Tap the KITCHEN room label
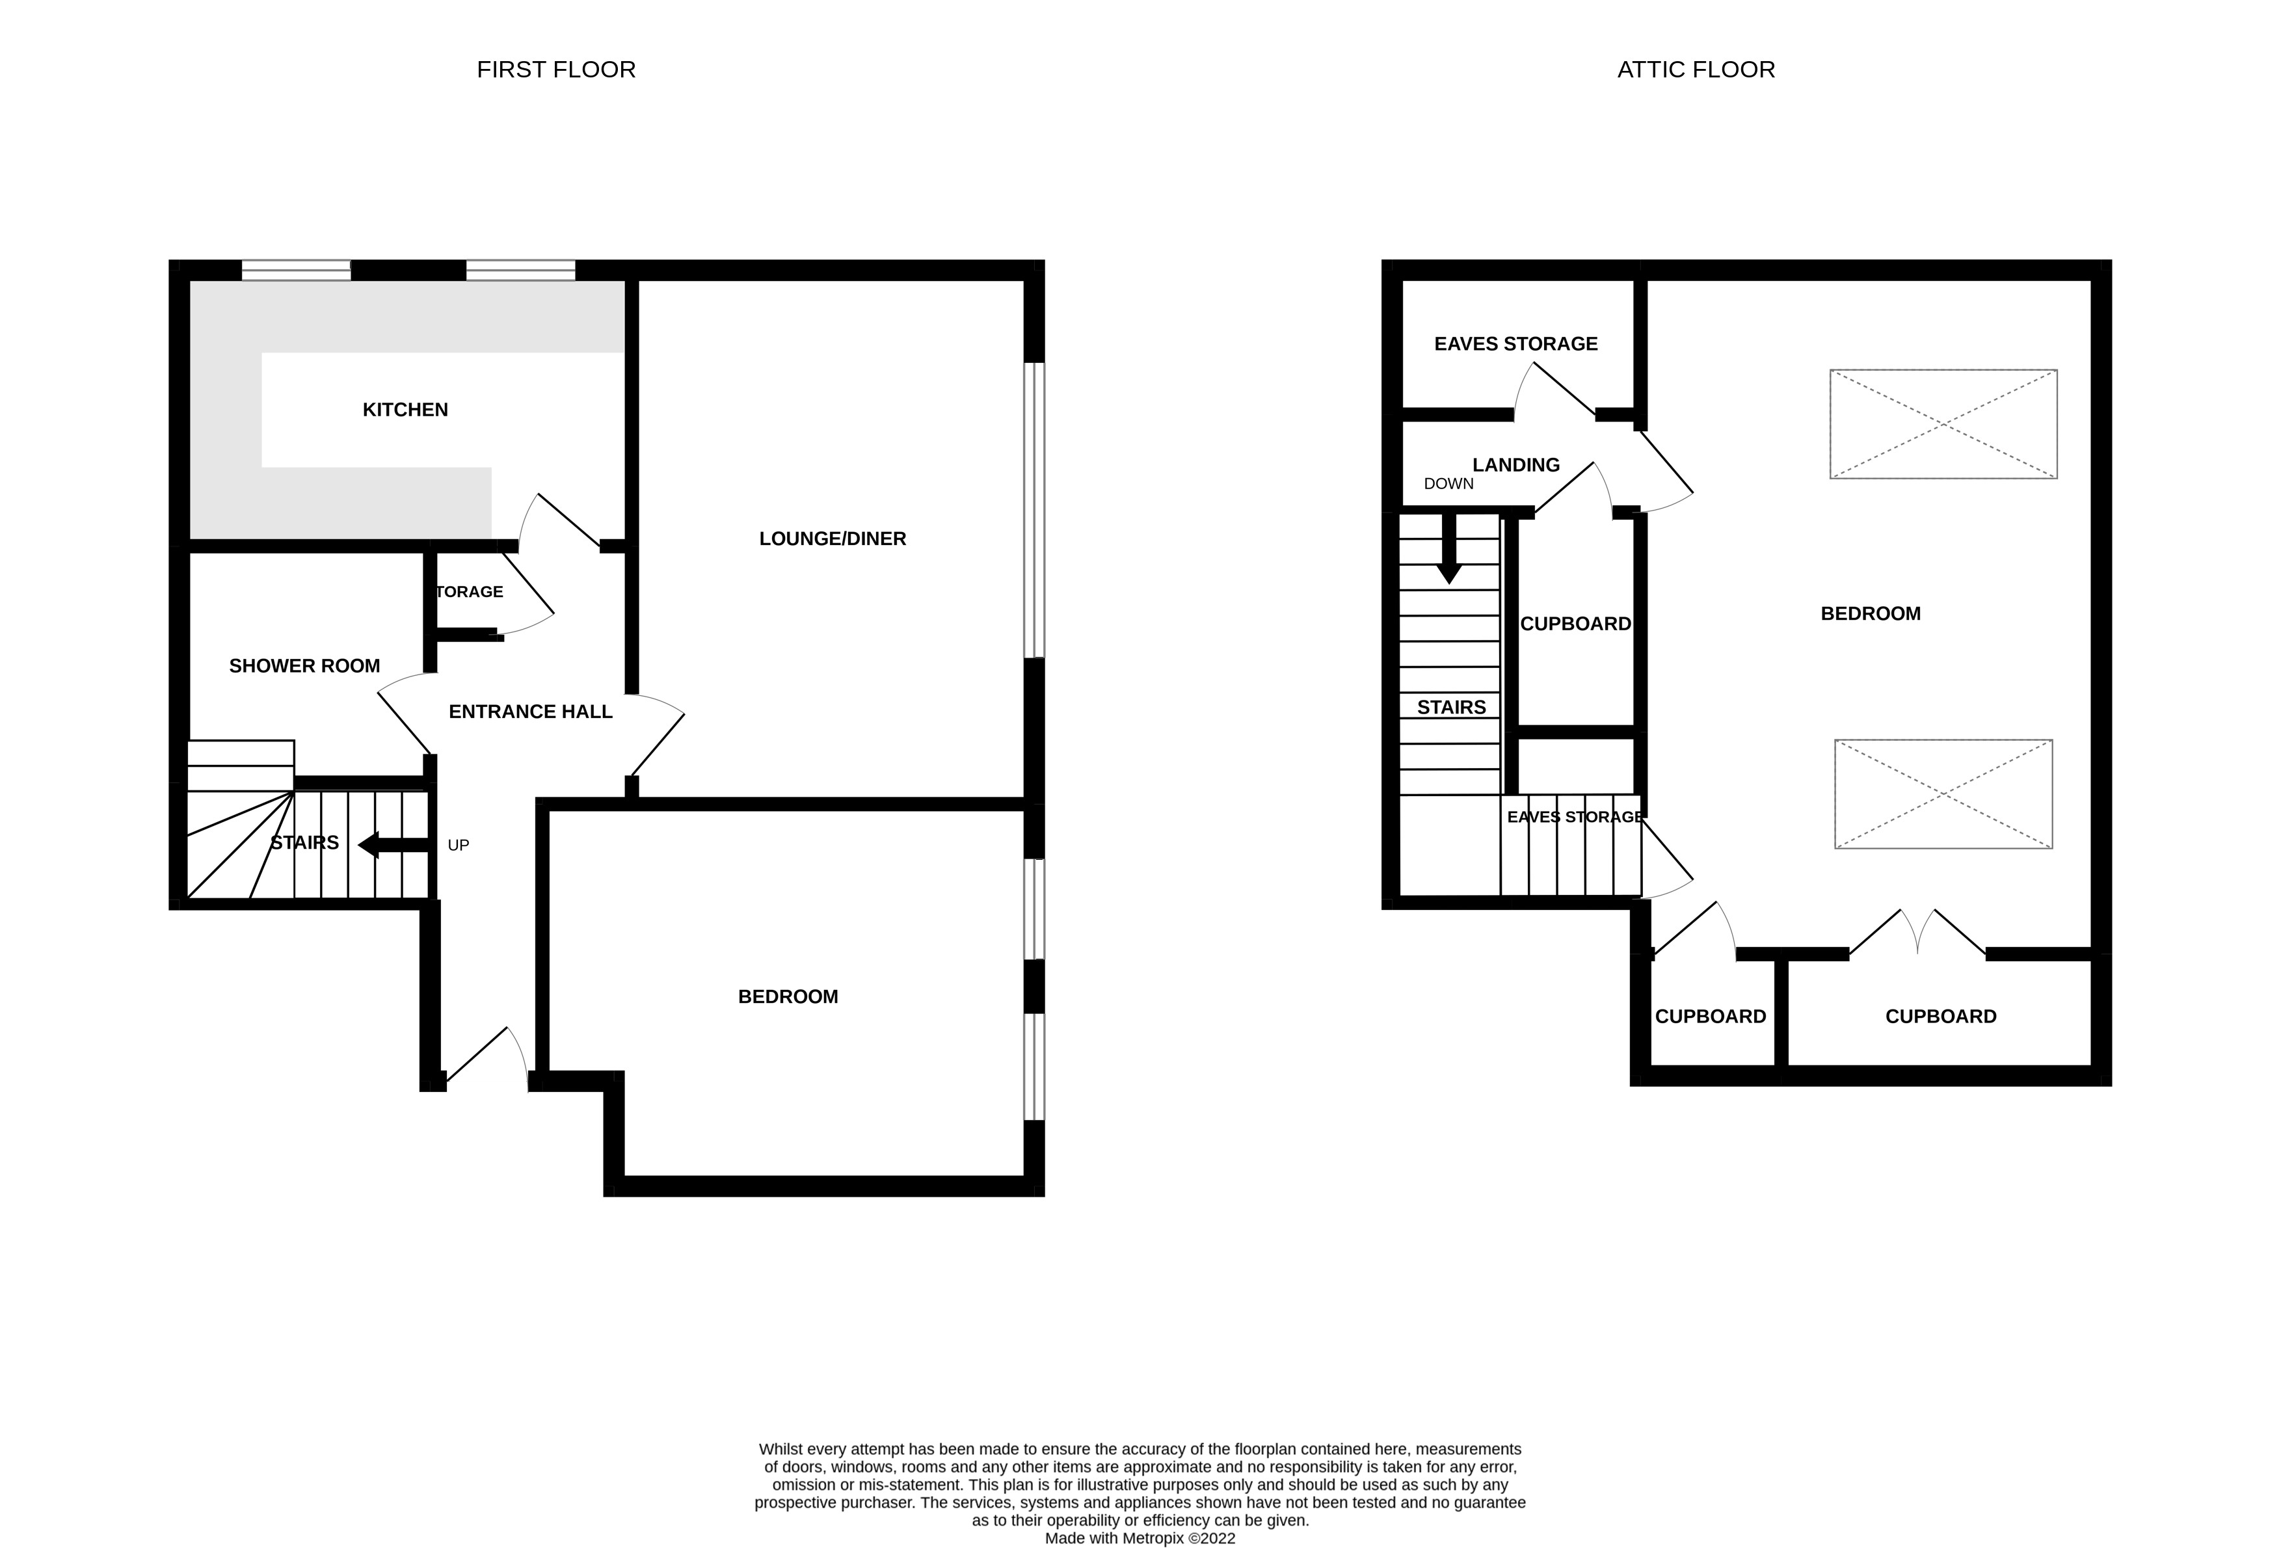405,409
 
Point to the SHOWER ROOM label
304,665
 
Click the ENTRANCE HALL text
530,712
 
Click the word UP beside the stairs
459,845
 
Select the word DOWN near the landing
1448,484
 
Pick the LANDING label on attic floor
1515,464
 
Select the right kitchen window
520,270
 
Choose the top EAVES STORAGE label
1515,343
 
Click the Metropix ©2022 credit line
1140,1538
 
